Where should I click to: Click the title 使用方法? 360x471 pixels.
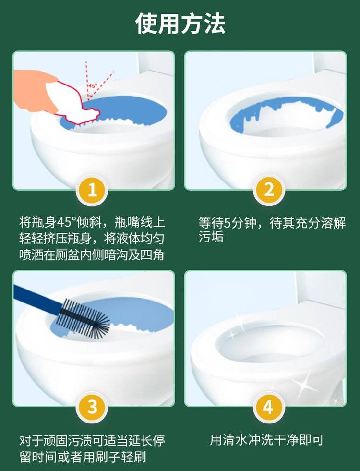point(180,24)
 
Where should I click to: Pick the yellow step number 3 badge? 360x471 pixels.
point(92,407)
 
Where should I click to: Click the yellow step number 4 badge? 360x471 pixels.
point(268,407)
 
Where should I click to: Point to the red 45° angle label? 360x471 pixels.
point(93,86)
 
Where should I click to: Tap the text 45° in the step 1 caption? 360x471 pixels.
point(65,223)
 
